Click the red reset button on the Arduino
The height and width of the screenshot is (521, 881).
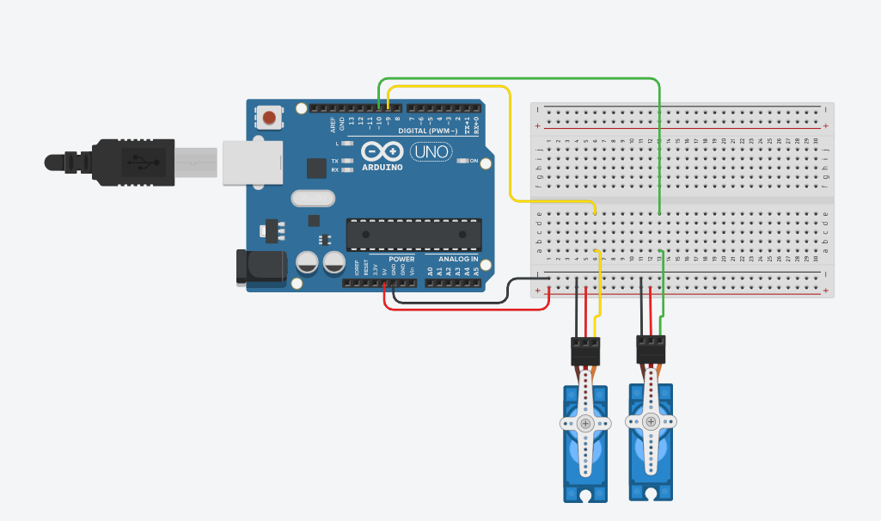[270, 117]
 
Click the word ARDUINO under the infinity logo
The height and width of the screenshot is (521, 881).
[382, 167]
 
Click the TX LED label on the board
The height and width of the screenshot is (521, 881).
[335, 161]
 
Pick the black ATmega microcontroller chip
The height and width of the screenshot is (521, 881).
[413, 234]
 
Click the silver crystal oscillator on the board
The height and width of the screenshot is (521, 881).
[311, 199]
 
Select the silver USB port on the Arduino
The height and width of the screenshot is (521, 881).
[252, 162]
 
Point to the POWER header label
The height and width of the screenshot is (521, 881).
[401, 259]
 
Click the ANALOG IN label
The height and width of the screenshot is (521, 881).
[458, 259]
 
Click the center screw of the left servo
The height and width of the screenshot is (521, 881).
[585, 423]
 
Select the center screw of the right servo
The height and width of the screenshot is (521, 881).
[652, 421]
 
